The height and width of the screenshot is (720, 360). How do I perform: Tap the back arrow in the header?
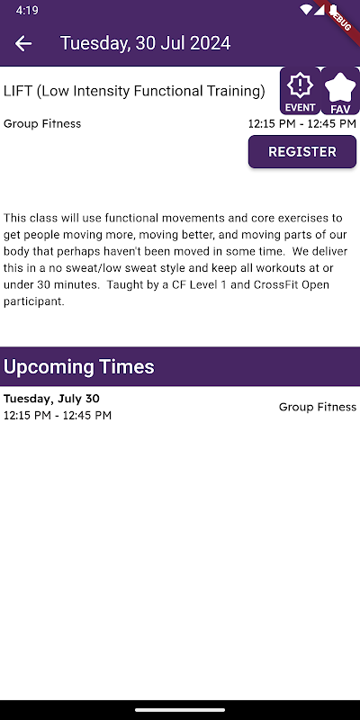[23, 43]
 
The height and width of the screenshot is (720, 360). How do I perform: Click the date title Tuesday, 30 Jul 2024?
[145, 43]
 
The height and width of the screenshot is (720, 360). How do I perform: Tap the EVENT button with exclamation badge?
[301, 91]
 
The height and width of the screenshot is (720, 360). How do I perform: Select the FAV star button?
[340, 91]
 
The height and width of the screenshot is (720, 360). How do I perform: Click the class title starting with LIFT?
[134, 92]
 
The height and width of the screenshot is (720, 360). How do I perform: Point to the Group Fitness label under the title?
[42, 123]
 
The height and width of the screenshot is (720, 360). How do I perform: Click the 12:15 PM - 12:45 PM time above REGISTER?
[302, 123]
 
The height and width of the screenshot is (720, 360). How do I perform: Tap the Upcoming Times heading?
[79, 366]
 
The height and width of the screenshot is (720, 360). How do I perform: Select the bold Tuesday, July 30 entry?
[51, 399]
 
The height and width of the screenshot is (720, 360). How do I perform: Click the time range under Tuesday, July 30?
[58, 416]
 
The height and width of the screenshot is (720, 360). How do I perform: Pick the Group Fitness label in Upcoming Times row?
[318, 407]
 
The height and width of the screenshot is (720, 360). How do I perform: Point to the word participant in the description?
[33, 302]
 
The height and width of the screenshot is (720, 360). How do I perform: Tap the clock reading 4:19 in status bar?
[27, 10]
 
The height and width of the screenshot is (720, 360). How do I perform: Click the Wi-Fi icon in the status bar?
[306, 10]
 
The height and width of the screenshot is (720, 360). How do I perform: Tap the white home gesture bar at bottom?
[180, 709]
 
